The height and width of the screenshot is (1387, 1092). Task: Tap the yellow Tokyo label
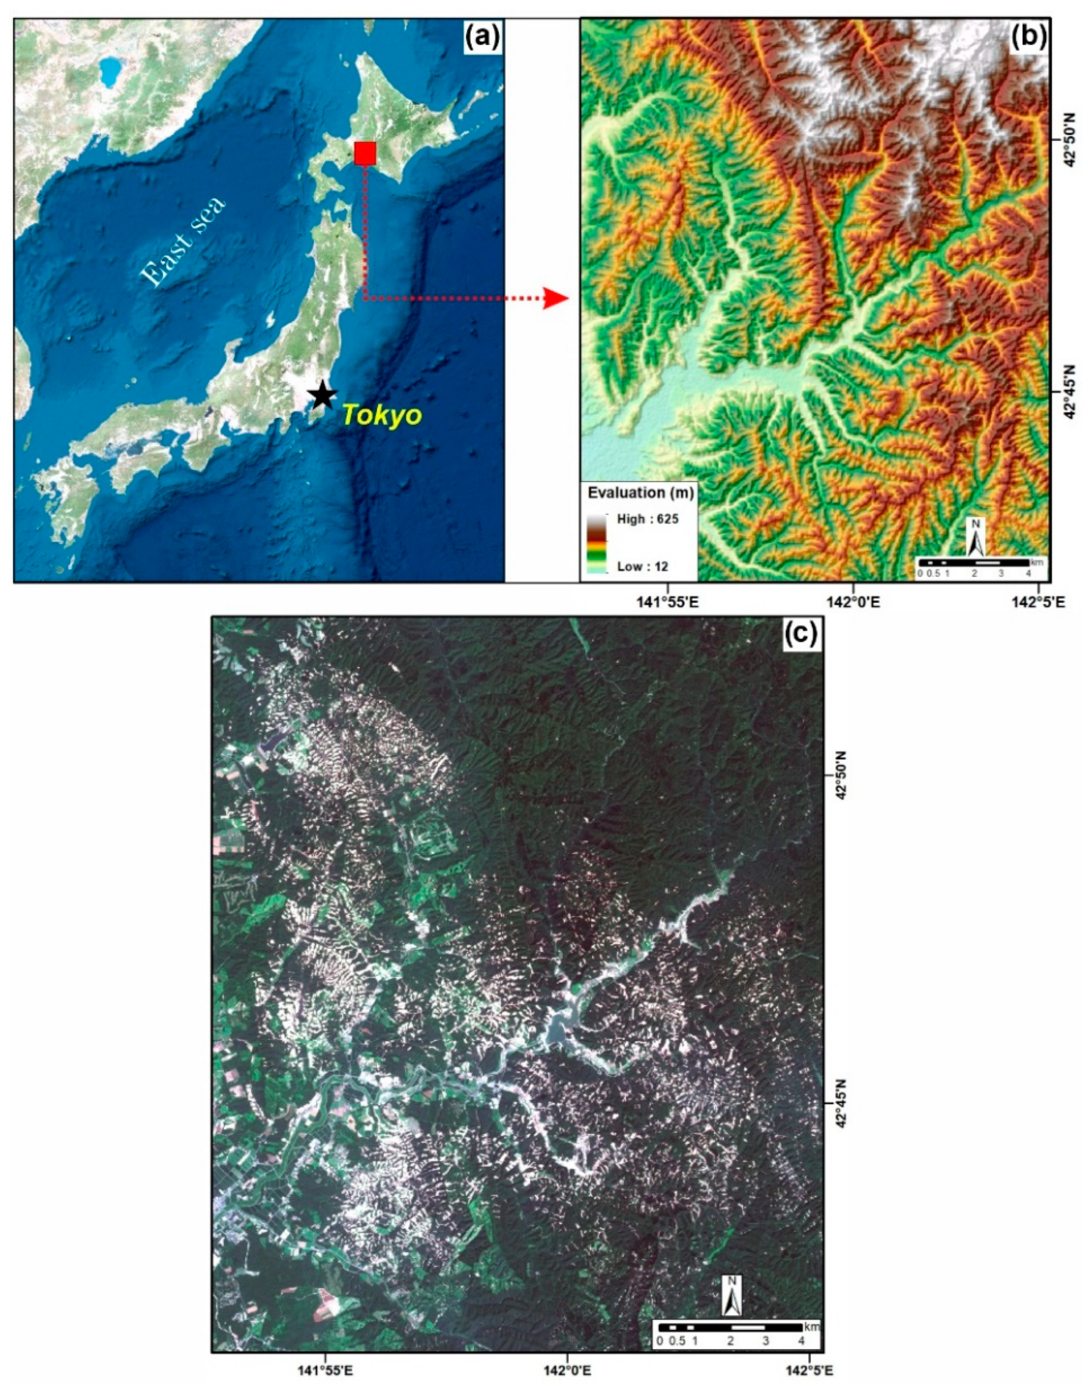[x=382, y=415]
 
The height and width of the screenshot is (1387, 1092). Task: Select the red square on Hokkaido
[x=365, y=154]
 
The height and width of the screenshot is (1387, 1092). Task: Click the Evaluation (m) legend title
[x=640, y=492]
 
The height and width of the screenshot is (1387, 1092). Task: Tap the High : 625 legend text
[x=648, y=519]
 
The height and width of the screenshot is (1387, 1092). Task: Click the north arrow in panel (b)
[x=976, y=537]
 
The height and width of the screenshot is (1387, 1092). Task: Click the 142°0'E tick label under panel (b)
[x=853, y=602]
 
